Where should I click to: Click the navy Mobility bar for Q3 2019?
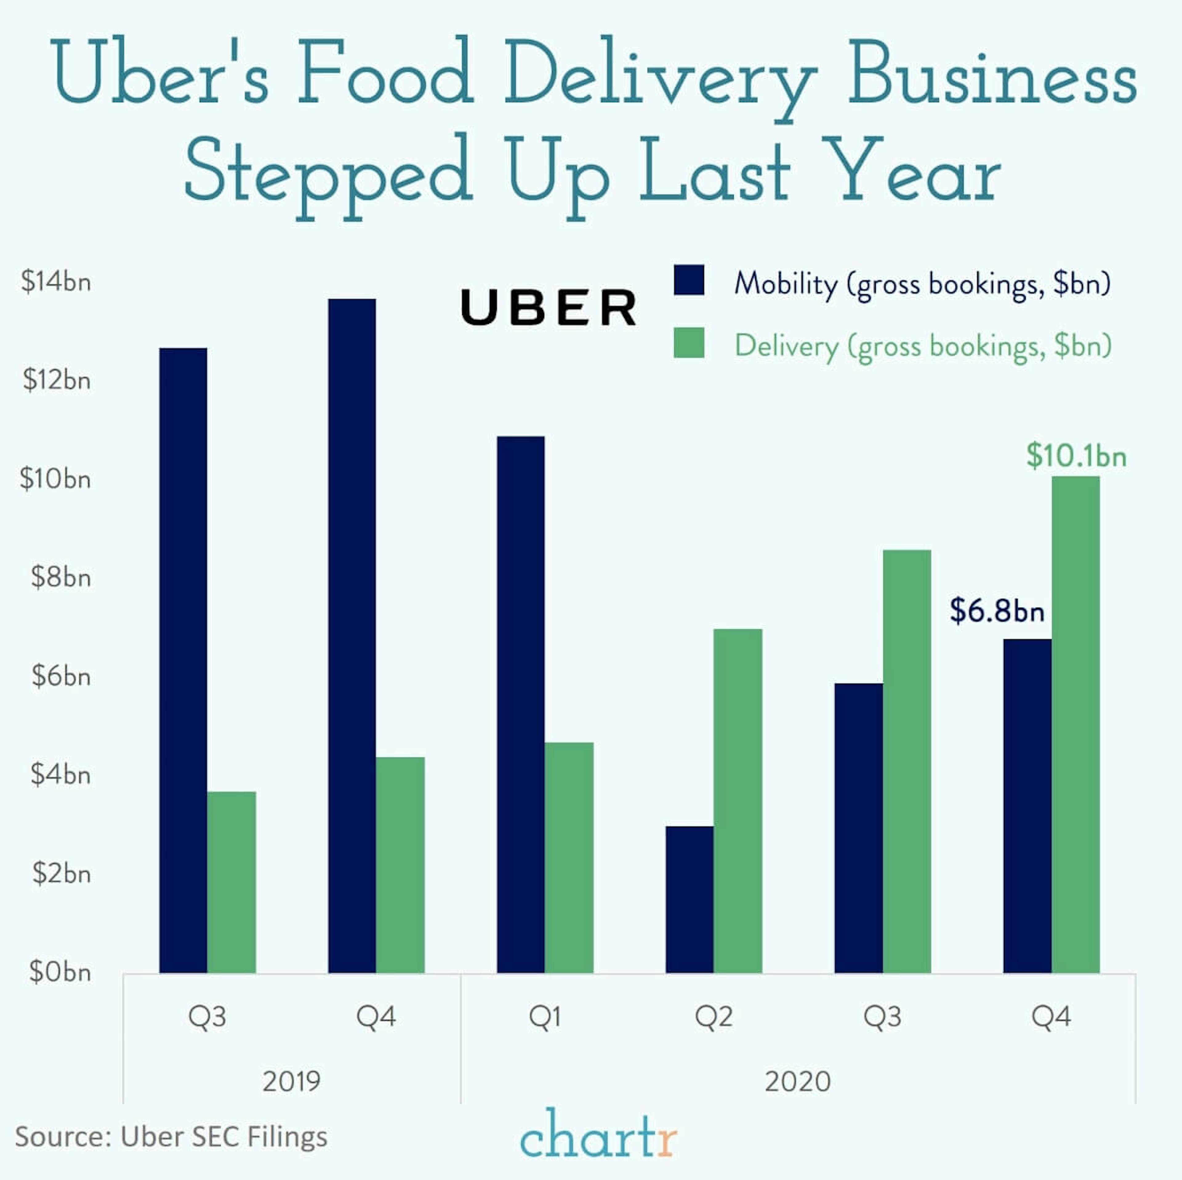coord(183,660)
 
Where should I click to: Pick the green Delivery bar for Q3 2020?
coord(907,761)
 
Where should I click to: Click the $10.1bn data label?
coord(1075,456)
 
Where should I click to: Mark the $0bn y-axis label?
coord(59,972)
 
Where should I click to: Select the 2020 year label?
coord(797,1081)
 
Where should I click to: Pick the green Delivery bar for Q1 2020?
coord(569,857)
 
